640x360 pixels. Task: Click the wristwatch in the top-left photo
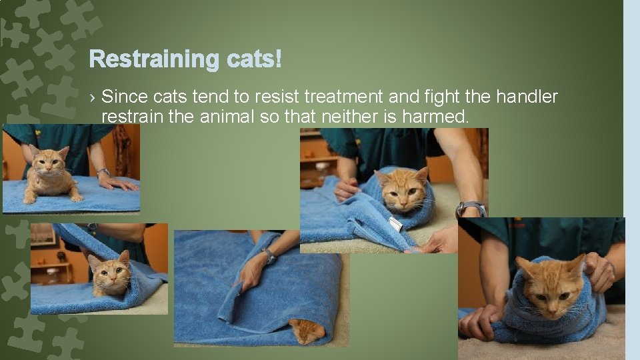coord(102,172)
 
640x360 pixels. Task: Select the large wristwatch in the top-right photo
coord(471,209)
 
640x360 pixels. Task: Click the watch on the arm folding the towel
coord(270,254)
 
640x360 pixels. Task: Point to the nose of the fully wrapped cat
coord(551,297)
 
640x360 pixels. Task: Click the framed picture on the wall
coord(43,235)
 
